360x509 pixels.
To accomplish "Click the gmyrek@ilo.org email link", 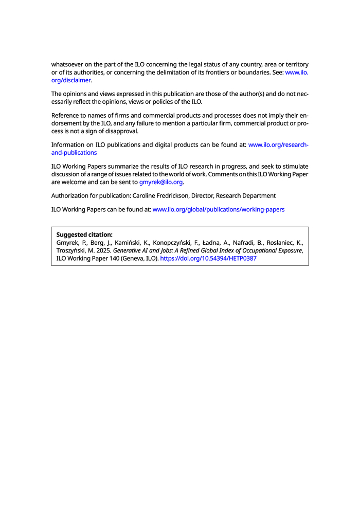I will tap(161, 182).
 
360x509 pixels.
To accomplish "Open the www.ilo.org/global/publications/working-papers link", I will tap(219, 209).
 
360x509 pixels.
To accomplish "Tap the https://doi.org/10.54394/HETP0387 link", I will tap(208, 259).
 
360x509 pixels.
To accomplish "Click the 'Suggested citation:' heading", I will tap(84, 234).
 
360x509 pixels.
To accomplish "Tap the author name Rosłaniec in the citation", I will tap(278, 243).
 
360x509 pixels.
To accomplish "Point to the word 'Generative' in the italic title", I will tap(129, 251).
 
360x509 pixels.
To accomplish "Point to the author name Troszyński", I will tap(73, 251).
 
